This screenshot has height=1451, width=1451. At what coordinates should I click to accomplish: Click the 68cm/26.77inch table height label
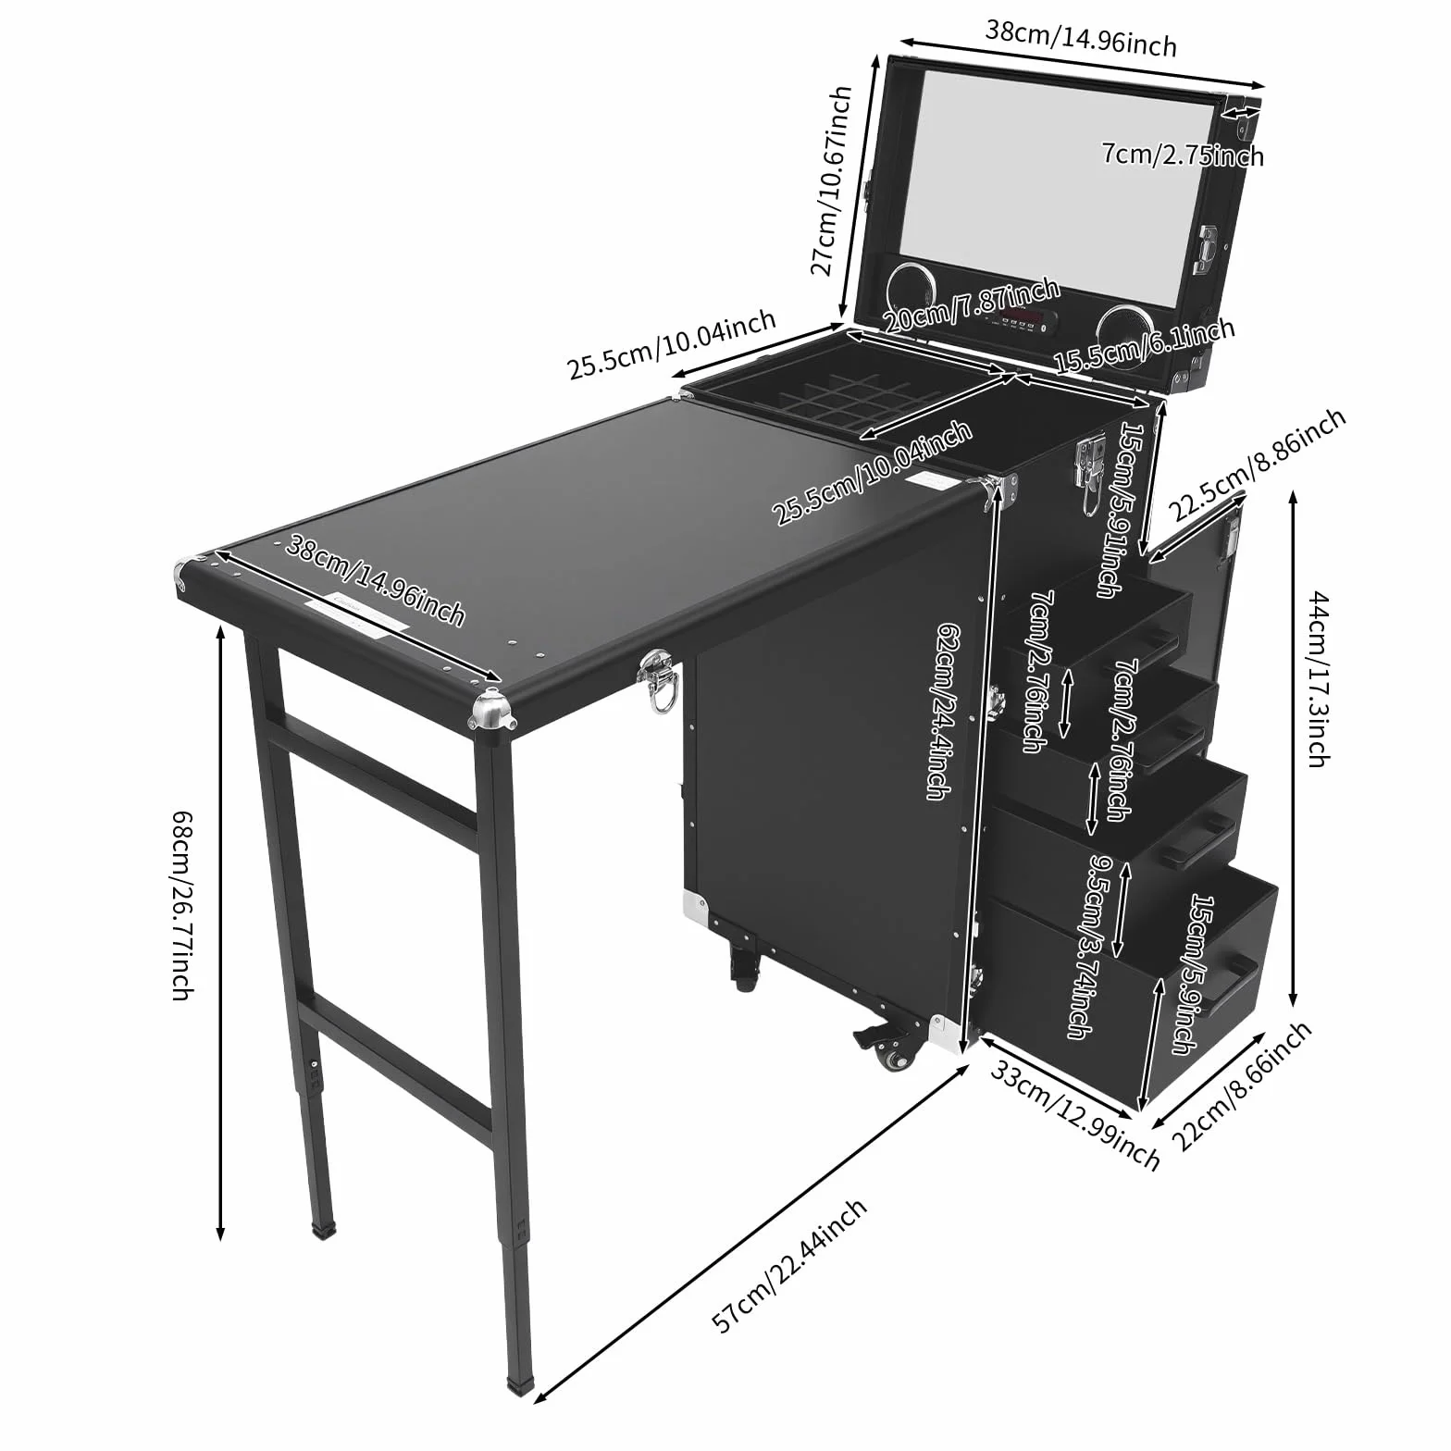click(182, 906)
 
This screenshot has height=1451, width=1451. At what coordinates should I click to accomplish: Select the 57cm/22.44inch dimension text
click(789, 1264)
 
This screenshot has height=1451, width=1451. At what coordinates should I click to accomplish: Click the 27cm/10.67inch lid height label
click(831, 181)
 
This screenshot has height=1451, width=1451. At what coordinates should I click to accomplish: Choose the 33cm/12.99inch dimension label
click(1074, 1114)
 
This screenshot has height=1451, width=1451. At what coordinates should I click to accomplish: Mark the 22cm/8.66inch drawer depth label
click(1242, 1085)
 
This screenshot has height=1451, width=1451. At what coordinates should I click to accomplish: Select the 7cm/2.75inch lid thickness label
click(1183, 153)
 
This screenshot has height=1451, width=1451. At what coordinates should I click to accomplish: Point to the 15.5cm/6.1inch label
click(1144, 346)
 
